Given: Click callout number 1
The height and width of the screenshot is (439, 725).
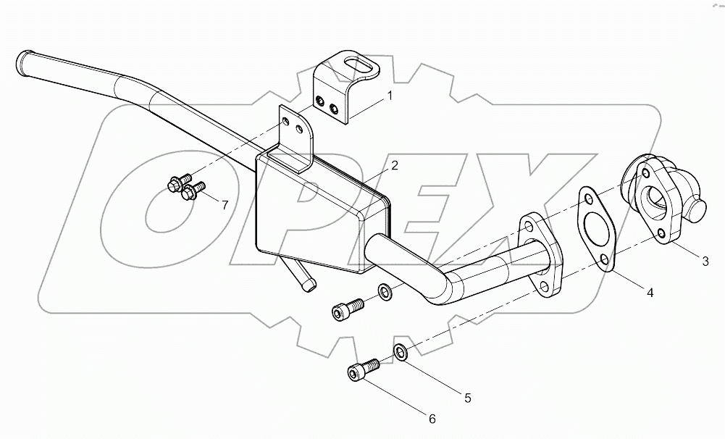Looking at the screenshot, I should pos(389,96).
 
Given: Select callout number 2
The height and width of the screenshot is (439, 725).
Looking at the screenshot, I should pos(395,166).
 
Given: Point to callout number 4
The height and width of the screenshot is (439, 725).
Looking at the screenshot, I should pos(650,293).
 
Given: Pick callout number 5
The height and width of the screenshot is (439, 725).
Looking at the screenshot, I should pos(467,397).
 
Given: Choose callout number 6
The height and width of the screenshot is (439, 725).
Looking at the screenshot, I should pos(432,418).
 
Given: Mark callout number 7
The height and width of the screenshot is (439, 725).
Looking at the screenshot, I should pos(225,205).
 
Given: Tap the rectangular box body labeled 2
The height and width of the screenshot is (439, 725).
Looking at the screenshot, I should pos(311,214).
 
